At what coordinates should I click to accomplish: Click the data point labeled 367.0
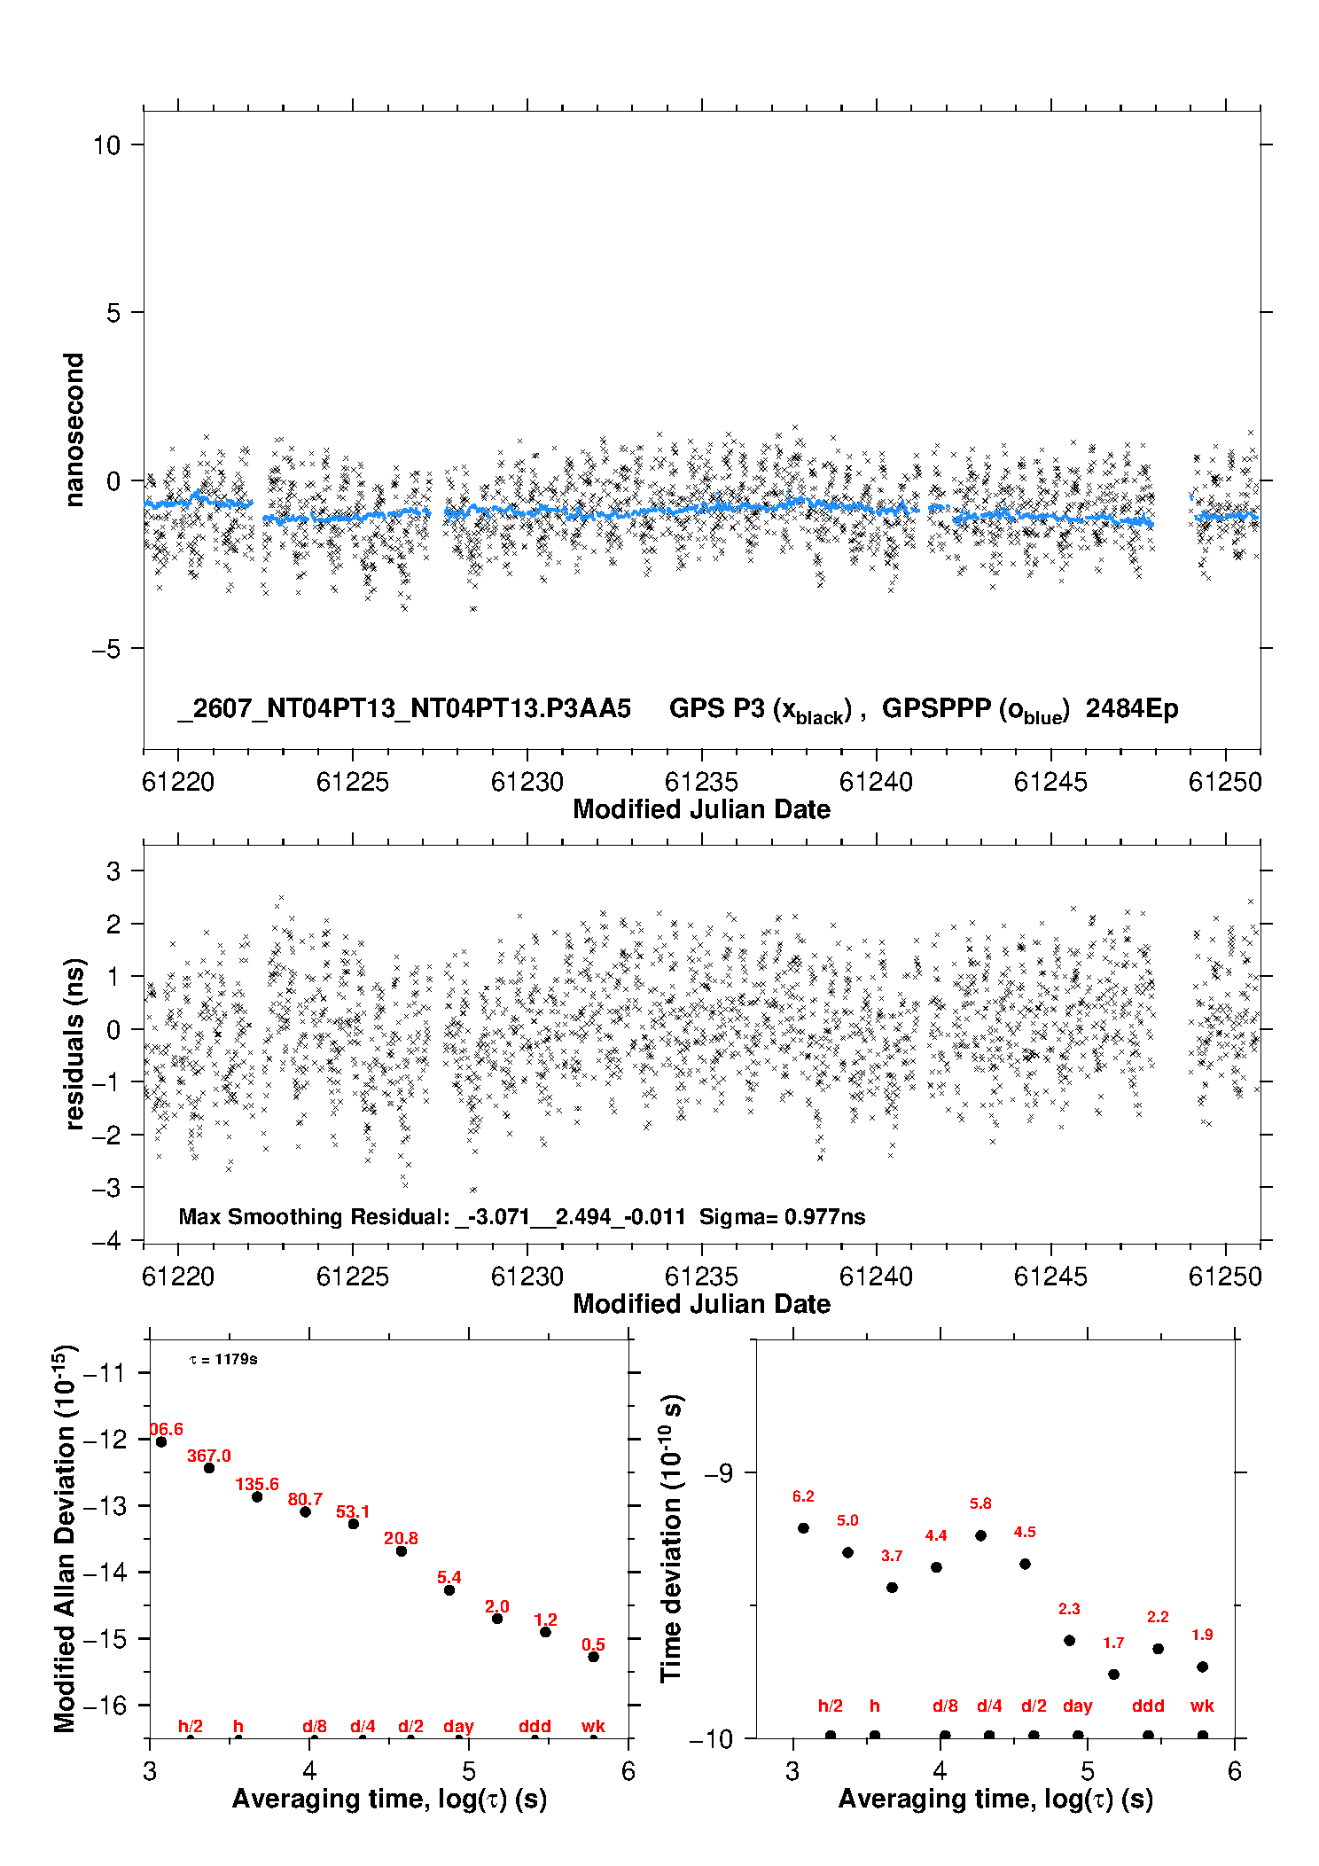tap(209, 1468)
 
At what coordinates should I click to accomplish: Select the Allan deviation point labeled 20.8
tap(402, 1551)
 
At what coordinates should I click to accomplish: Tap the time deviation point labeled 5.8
tap(980, 1535)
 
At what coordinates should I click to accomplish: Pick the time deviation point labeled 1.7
tap(1113, 1675)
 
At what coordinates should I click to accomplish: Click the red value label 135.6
tap(257, 1484)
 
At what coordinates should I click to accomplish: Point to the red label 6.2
tap(803, 1496)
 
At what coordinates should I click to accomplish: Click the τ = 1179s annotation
tap(223, 1359)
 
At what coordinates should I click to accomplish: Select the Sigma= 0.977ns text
tap(782, 1216)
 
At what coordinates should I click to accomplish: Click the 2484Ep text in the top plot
tap(1132, 708)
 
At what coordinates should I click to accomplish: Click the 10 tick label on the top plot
tap(106, 145)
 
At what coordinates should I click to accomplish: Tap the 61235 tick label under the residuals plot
tap(701, 1277)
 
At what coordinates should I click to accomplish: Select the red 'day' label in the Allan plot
tap(458, 1726)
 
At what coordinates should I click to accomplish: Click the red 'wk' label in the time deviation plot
tap(1202, 1706)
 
